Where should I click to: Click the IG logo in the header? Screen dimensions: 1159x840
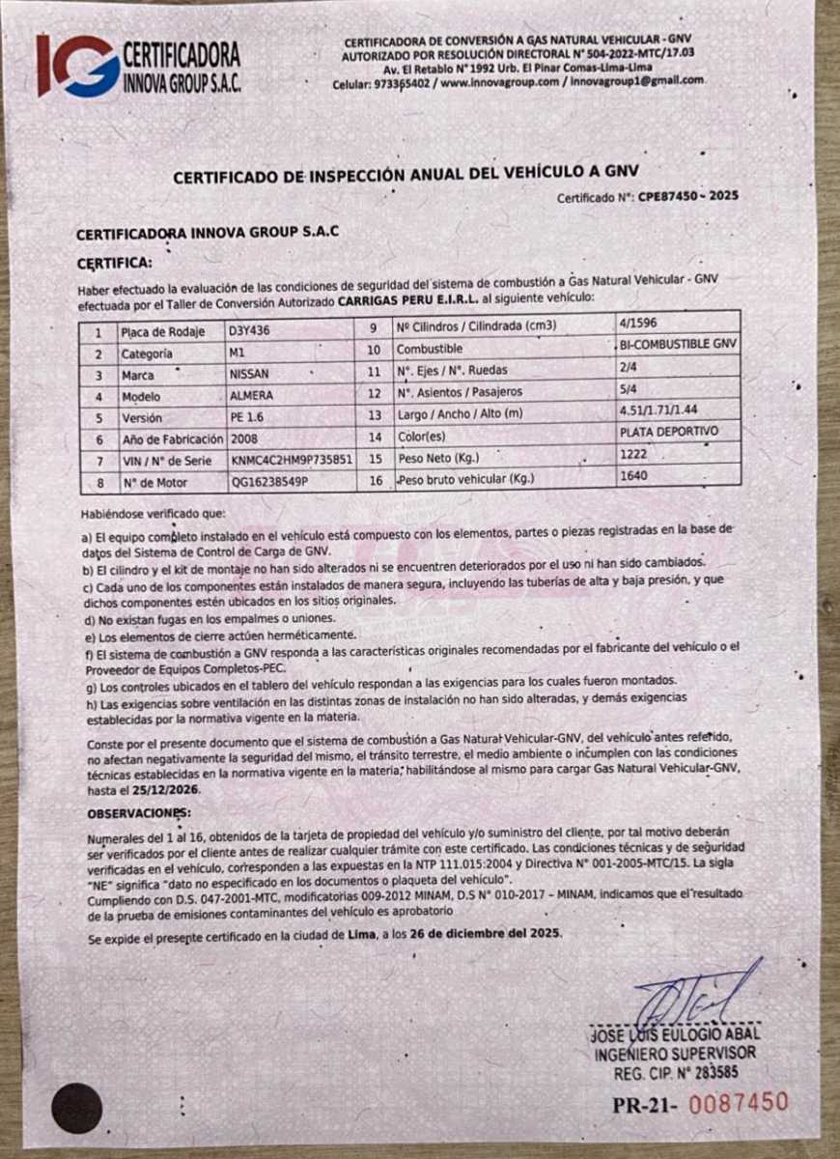tap(77, 65)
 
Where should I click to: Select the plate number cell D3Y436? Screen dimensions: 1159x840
tap(250, 330)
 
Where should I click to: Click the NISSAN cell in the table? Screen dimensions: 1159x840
tap(249, 374)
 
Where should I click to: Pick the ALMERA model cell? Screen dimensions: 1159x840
tap(251, 396)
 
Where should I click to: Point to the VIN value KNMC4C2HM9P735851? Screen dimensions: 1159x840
tap(291, 461)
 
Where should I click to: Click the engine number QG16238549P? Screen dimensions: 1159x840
tap(269, 482)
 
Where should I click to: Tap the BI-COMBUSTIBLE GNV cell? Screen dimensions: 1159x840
tap(679, 344)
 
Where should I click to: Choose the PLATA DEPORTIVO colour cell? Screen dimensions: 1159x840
tap(669, 432)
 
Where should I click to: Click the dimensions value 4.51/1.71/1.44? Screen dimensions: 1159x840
tap(665, 410)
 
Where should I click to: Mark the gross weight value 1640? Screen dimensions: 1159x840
tap(634, 475)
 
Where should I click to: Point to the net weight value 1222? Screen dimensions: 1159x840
tap(633, 453)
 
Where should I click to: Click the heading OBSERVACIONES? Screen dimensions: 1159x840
tap(139, 813)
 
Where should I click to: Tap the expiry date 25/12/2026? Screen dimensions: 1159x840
tap(162, 789)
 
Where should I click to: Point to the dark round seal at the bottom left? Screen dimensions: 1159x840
tap(77, 1108)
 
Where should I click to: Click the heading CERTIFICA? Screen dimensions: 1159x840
tap(114, 262)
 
